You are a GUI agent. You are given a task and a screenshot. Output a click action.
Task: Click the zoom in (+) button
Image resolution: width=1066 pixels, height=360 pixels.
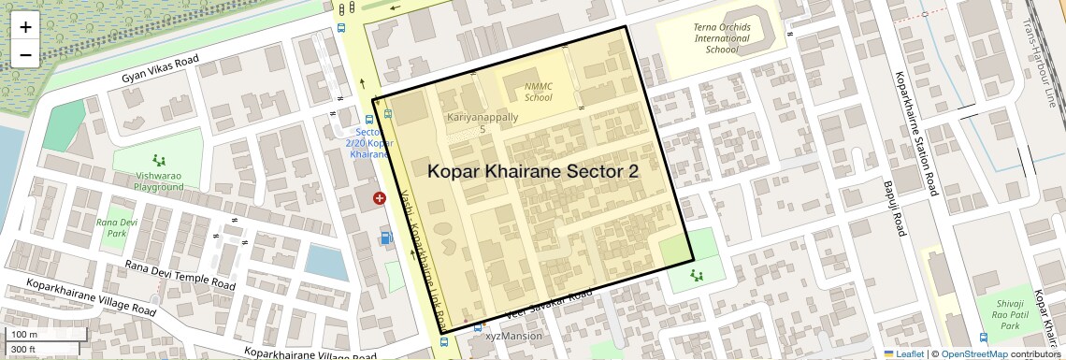click(x=25, y=26)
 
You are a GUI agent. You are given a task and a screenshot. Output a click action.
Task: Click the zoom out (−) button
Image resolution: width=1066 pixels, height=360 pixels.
click(x=25, y=54)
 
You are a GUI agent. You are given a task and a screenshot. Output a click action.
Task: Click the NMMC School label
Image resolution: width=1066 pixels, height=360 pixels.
click(x=538, y=91)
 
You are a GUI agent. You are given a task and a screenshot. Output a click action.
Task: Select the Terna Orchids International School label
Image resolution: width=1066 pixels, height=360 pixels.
click(x=721, y=38)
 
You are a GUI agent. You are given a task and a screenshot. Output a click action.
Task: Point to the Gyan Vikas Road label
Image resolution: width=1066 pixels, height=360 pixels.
click(x=160, y=70)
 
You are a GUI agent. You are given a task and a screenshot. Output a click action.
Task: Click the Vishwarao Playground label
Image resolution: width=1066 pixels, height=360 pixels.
click(x=158, y=180)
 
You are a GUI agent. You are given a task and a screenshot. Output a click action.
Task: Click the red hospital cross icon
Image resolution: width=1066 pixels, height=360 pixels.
click(x=380, y=198)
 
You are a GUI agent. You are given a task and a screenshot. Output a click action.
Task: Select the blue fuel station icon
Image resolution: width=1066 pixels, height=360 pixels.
click(x=386, y=238)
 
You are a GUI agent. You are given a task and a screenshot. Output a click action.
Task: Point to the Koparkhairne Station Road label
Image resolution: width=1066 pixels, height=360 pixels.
click(x=915, y=134)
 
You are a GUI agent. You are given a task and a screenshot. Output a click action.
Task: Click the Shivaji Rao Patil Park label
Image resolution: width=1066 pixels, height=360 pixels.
click(x=1009, y=314)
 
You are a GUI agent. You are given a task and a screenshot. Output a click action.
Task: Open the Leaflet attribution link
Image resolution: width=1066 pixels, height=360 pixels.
click(x=904, y=354)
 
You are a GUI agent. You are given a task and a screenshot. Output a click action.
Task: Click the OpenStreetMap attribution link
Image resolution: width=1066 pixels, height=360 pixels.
click(x=973, y=354)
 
